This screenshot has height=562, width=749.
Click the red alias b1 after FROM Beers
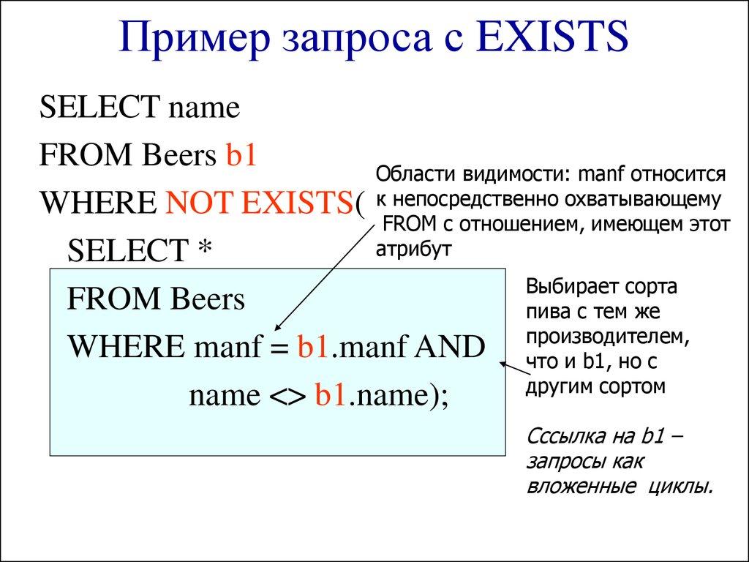[x=241, y=156]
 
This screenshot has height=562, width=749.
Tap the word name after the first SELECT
[x=204, y=109]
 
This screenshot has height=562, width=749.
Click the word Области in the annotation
[x=412, y=176]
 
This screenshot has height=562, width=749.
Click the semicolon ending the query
[x=444, y=396]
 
